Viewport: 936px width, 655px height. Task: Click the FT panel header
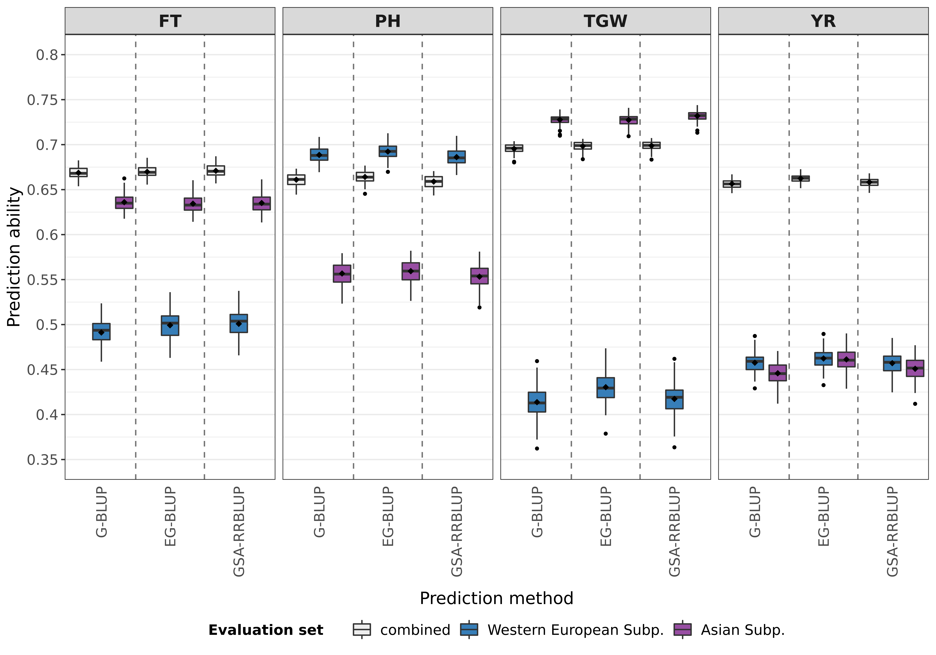[x=170, y=21]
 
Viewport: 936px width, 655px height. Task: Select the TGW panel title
[x=605, y=21]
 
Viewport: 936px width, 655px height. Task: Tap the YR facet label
[x=823, y=21]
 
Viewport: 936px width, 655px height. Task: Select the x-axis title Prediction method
[x=496, y=598]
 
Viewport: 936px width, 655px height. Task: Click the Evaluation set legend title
[x=266, y=630]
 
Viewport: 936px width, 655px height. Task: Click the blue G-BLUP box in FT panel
[x=102, y=331]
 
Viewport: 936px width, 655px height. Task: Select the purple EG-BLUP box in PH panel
[x=410, y=271]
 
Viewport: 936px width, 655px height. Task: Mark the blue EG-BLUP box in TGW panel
[x=605, y=388]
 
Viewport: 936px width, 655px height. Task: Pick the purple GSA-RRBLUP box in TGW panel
[x=697, y=116]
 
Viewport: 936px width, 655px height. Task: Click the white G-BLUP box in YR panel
[x=732, y=184]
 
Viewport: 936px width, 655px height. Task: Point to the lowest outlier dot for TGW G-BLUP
[x=537, y=448]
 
